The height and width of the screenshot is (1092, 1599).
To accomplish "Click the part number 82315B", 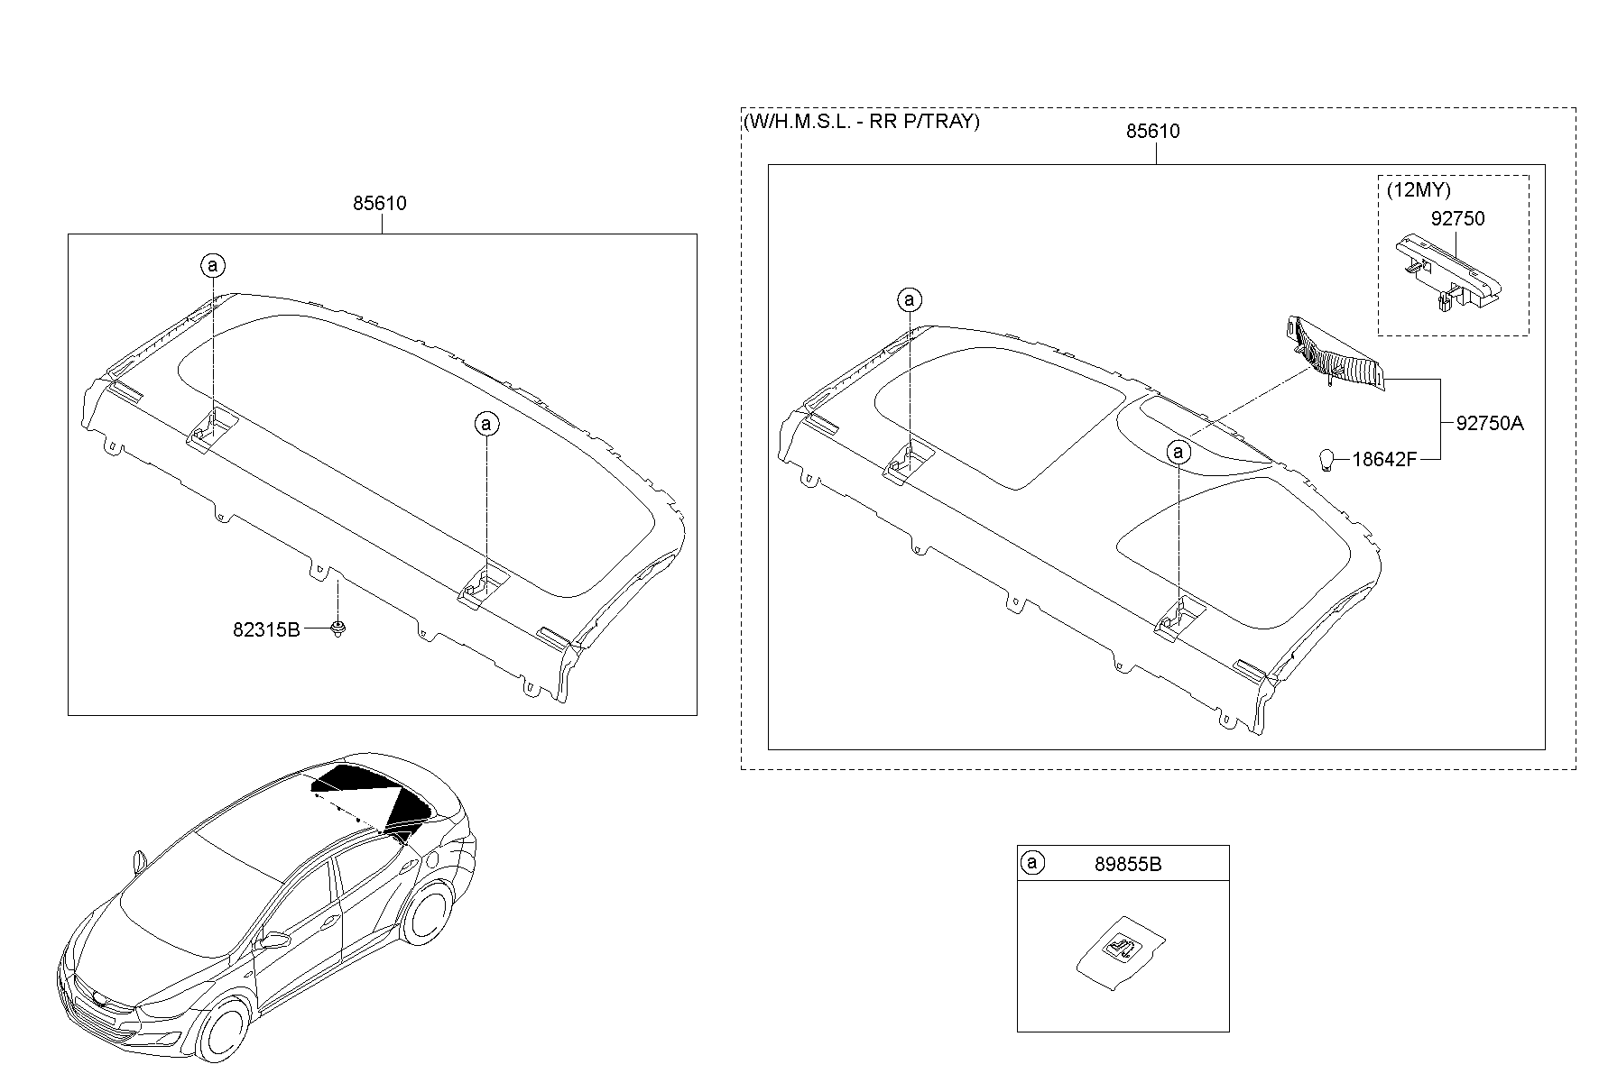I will click(x=266, y=629).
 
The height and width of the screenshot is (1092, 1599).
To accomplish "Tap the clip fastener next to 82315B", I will click(x=339, y=629).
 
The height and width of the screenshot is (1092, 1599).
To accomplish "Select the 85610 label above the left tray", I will click(x=379, y=204).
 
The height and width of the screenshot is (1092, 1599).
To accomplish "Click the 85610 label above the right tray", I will click(x=1152, y=132).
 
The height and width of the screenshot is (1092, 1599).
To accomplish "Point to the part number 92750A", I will click(x=1489, y=423).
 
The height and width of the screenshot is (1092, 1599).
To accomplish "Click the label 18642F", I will click(x=1384, y=460).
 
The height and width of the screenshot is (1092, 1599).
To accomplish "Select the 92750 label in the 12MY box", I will click(x=1457, y=219).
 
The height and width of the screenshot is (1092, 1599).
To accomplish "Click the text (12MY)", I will click(x=1418, y=191).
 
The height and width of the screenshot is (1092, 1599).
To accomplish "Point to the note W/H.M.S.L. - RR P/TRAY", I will click(x=861, y=122).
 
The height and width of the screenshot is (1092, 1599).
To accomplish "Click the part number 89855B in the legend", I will click(x=1128, y=864).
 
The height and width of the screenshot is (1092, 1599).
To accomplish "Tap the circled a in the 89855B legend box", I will click(x=1032, y=863).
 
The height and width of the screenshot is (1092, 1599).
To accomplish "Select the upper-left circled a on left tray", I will click(x=213, y=266).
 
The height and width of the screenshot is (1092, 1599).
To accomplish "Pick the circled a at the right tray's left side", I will click(x=910, y=299).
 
